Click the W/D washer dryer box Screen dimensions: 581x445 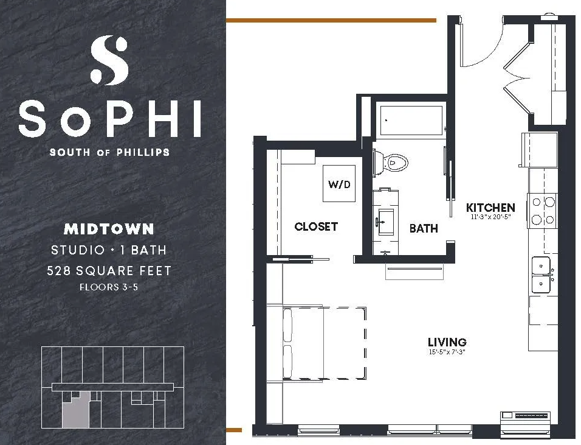pos(339,183)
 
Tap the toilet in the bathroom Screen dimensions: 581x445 pos(390,163)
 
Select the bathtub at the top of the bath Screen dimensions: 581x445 pos(411,121)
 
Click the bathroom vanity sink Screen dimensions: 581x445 pos(386,222)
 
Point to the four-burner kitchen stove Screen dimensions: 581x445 pos(543,211)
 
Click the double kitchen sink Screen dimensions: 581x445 pos(541,275)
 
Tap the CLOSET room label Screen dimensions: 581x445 pos(316,226)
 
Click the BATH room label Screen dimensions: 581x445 pos(424,228)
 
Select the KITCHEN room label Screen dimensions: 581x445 pos(490,208)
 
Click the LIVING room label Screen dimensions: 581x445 pos(447,342)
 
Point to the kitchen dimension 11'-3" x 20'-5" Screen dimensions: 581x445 pos(490,217)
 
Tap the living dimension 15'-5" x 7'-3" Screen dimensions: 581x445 pos(447,351)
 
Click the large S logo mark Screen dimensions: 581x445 pos(109,60)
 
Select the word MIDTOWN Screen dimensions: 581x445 pos(109,229)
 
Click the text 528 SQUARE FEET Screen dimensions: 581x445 pos(109,270)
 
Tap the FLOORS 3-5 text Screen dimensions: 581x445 pos(109,287)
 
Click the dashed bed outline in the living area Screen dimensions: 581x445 pos(324,343)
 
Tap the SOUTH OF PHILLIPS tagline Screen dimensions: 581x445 pos(109,152)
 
